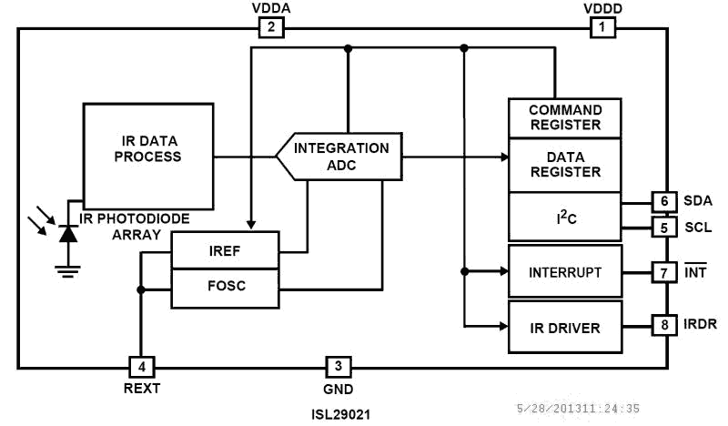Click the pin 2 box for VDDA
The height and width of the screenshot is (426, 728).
(271, 27)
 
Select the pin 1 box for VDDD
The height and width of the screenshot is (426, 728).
(602, 27)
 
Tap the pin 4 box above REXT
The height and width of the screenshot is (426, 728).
(142, 367)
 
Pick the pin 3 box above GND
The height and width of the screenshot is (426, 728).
(339, 367)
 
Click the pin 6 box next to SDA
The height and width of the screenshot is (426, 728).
(664, 201)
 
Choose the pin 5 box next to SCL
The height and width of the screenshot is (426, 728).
(664, 228)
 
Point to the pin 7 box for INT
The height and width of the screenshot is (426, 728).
(664, 273)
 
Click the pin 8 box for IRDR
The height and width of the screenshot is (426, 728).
(664, 325)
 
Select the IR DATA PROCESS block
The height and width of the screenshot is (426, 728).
(148, 157)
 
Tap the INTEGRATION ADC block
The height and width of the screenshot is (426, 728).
(339, 157)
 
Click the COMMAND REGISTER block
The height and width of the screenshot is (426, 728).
(565, 118)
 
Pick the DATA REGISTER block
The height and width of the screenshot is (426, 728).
(565, 166)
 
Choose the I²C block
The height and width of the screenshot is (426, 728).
(565, 217)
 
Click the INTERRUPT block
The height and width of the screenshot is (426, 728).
(565, 271)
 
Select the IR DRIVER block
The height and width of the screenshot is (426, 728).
(565, 327)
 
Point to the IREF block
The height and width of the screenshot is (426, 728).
(225, 250)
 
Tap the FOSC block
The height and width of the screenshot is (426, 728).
(225, 288)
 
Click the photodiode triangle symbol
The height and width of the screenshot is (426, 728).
(68, 234)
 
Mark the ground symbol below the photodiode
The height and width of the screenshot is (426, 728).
(67, 271)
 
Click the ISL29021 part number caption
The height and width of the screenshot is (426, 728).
(340, 414)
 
